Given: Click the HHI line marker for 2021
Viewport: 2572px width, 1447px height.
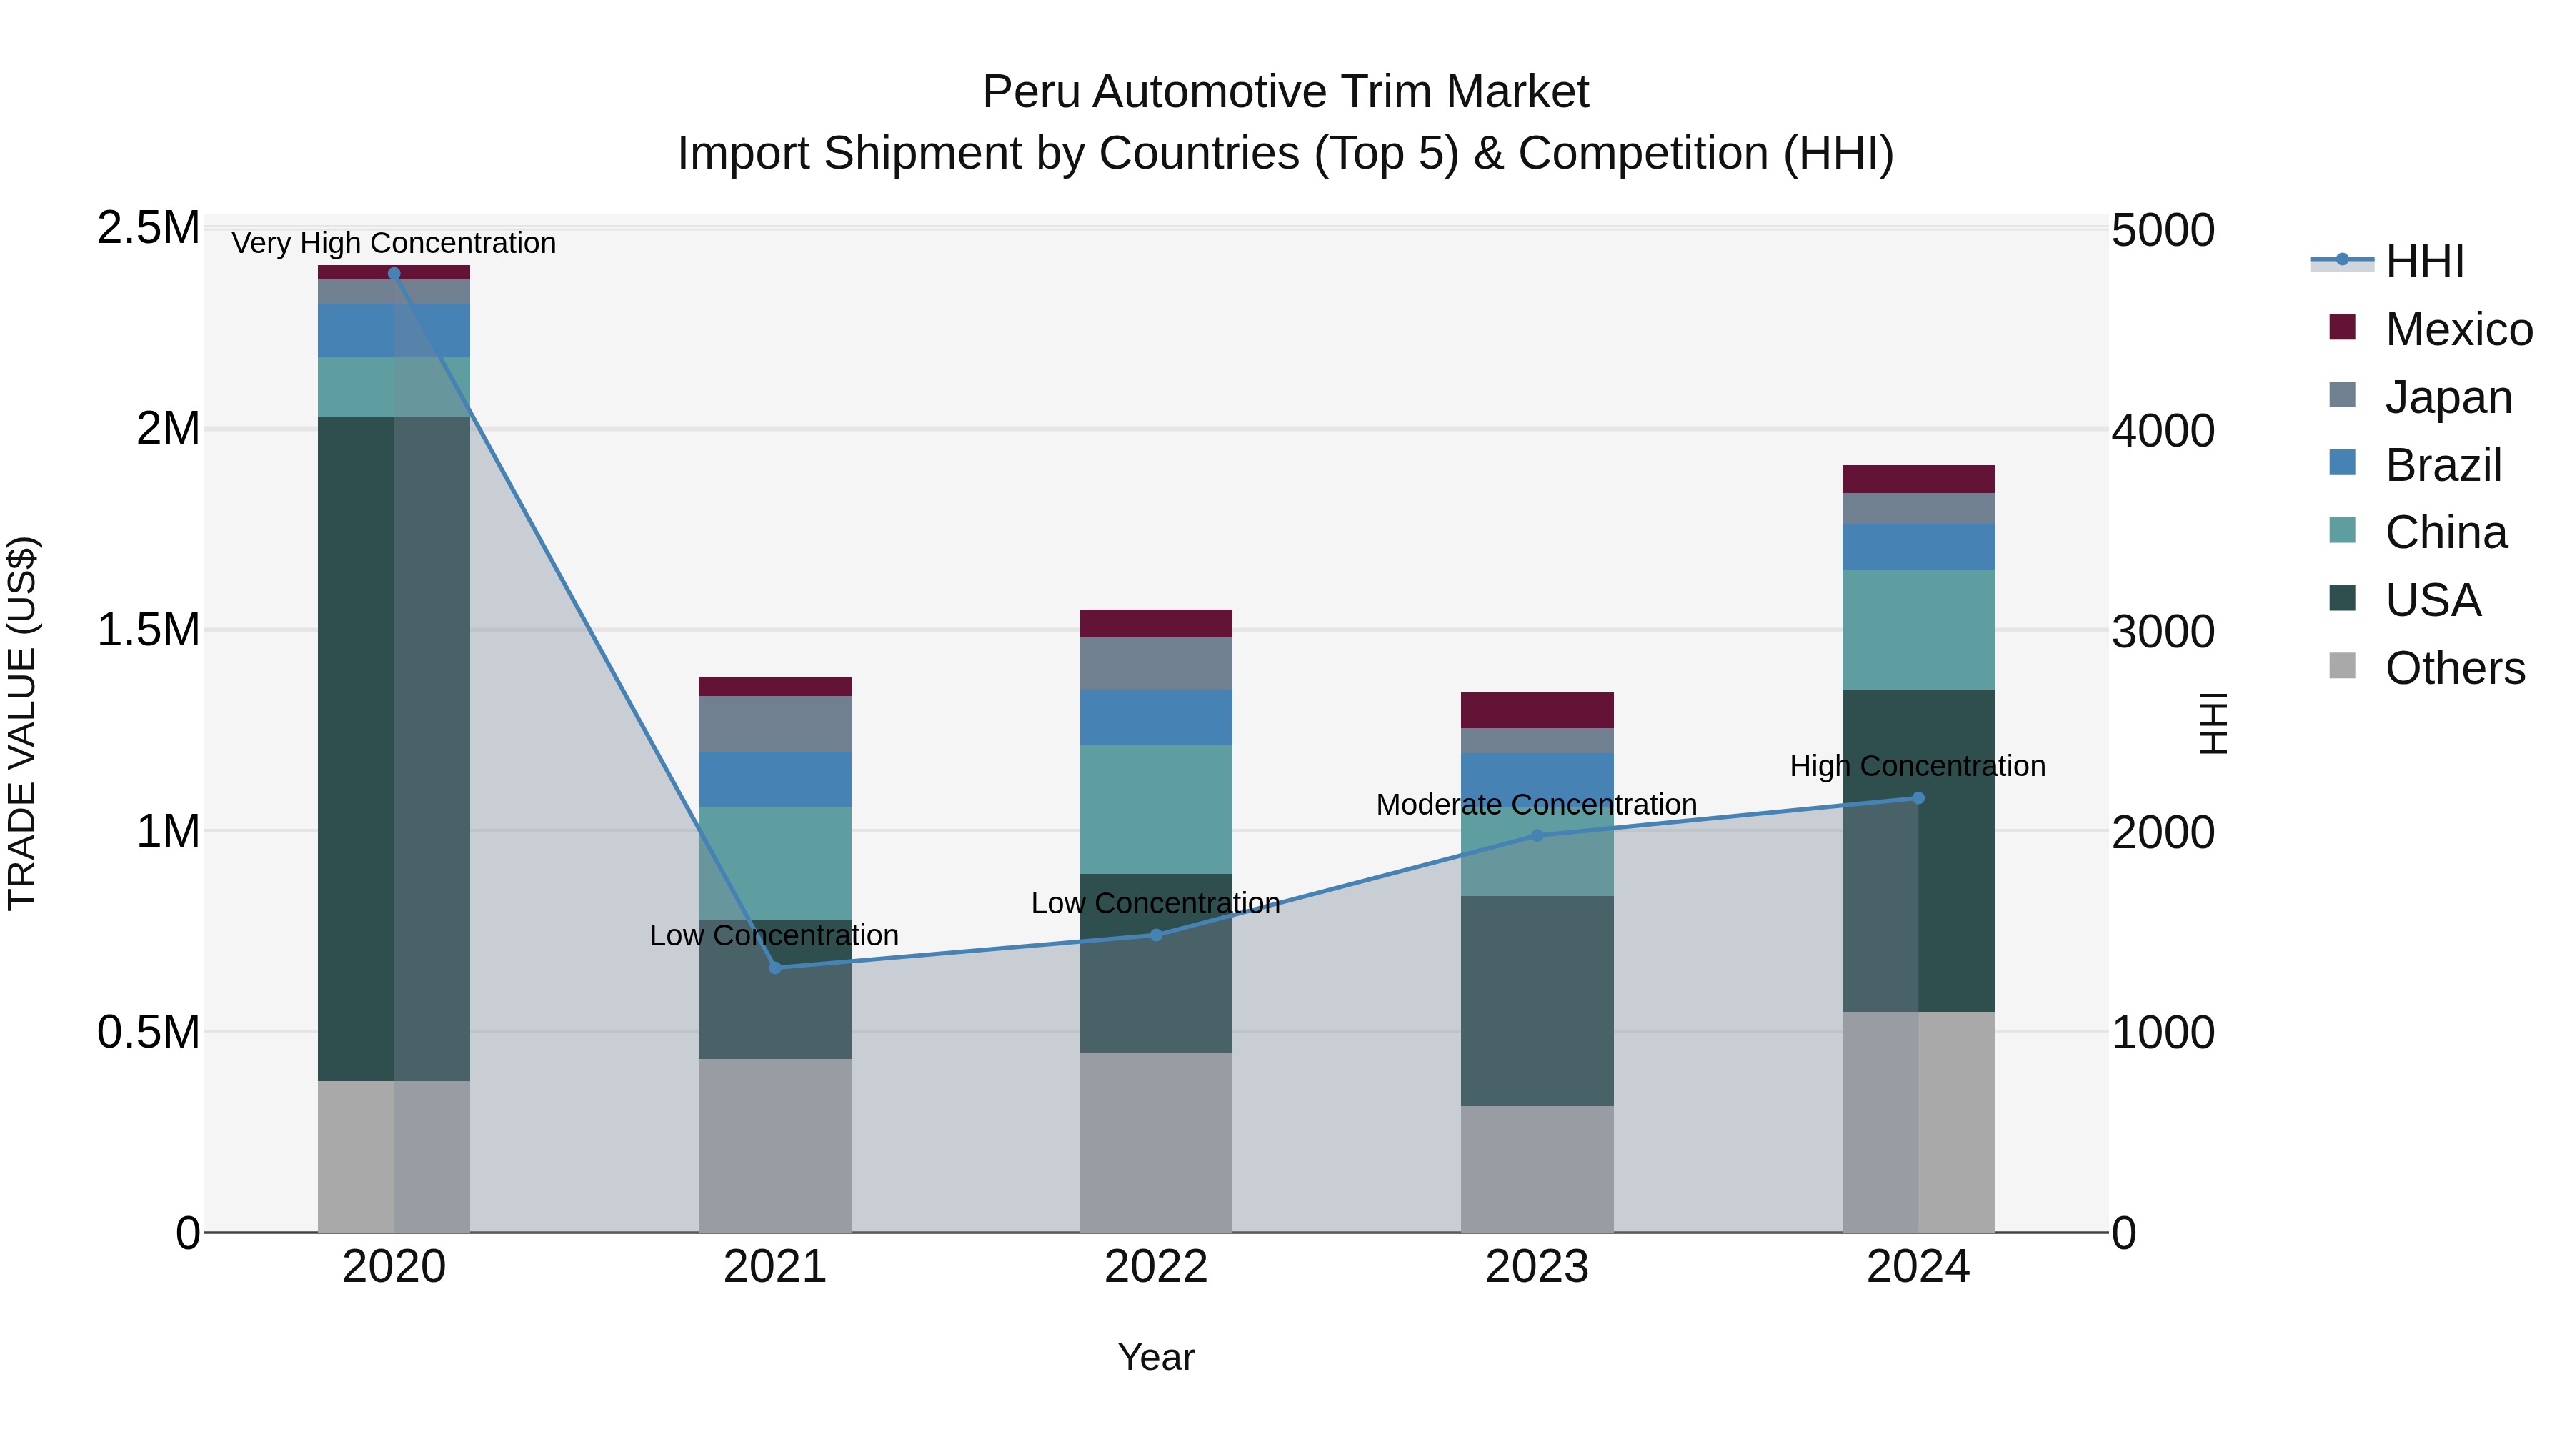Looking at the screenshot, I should pos(774,967).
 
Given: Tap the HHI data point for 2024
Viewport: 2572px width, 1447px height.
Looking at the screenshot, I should pos(1917,798).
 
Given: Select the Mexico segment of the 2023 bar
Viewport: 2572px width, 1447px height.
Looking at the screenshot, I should pos(1537,710).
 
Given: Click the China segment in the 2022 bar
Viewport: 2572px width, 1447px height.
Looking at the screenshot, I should pos(1155,809).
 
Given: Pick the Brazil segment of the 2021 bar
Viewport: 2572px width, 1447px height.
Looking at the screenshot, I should pos(774,779).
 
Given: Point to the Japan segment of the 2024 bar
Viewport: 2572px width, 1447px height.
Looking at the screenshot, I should pos(1917,508).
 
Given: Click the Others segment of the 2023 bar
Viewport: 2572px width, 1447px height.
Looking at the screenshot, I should pos(1537,1168).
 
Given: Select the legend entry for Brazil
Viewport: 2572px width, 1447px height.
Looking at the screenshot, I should pos(2442,465).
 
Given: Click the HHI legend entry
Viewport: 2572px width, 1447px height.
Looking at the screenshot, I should pos(2424,262).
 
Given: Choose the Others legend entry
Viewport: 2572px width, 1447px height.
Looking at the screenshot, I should pos(2454,668).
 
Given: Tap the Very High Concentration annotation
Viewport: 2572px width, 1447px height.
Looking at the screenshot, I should pos(394,243).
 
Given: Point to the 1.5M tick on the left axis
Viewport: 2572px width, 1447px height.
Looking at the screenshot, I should pos(148,630).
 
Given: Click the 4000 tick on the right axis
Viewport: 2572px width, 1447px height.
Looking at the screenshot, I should pos(2163,432).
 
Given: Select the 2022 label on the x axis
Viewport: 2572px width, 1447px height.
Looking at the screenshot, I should pos(1155,1267).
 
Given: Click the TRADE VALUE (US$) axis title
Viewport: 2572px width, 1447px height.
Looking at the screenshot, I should pos(22,723).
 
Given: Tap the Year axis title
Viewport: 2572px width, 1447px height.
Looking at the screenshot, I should pos(1155,1357).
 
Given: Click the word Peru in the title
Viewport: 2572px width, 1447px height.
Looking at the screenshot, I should pos(1032,92).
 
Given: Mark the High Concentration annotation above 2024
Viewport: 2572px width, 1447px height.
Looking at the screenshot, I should pos(1917,766).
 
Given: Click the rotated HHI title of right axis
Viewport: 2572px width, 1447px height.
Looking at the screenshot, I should pos(2213,723).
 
